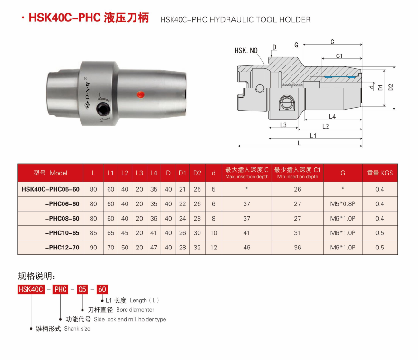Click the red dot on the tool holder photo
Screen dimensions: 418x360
140,94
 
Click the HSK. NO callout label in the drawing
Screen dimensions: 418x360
246,50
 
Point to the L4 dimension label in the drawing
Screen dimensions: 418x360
332,116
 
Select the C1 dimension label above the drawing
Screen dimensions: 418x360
339,56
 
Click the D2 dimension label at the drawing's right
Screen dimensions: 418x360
391,87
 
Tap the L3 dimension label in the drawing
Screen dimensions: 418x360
283,125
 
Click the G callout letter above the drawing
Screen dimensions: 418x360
296,45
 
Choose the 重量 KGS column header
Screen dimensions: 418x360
380,173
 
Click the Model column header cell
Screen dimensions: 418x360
50,173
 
